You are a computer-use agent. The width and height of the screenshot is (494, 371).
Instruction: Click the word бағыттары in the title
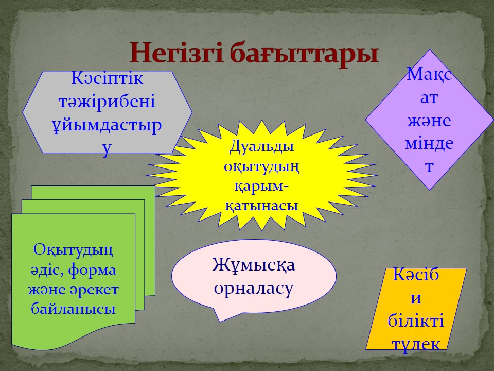coord(304,54)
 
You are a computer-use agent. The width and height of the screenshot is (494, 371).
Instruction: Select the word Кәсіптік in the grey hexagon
coord(107,78)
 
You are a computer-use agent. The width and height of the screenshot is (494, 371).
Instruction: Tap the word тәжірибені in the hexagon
coord(107,102)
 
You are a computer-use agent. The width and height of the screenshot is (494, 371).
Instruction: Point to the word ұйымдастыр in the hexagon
coord(107,125)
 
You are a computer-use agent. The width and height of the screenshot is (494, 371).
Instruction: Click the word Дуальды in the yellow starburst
coord(261,147)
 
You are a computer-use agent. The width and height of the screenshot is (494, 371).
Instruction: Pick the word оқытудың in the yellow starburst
coord(261,166)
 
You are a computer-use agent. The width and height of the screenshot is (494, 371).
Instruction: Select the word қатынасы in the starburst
coord(261,206)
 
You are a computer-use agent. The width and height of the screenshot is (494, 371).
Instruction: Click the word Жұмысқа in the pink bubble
coord(254,264)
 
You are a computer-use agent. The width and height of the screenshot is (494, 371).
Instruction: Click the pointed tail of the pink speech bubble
coord(220,322)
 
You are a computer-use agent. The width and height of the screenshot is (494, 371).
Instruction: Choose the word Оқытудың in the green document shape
coord(73,250)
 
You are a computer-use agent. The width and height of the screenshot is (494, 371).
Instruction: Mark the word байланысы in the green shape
coord(73,309)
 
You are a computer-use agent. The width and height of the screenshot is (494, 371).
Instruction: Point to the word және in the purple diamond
coord(429,121)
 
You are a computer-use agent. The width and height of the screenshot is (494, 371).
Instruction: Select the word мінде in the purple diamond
coord(429,144)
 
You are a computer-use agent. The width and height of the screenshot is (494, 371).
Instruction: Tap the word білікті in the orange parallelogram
coord(416,321)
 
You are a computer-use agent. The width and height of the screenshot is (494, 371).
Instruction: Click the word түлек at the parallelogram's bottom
coord(416,344)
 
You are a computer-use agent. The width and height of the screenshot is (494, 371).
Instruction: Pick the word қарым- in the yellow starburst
coord(261,187)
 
